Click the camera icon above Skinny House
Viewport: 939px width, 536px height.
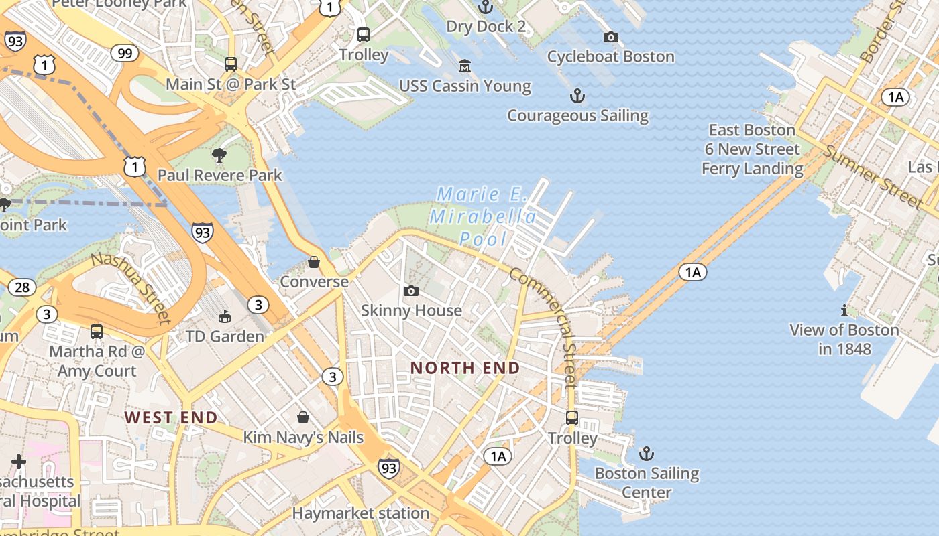(x=411, y=291)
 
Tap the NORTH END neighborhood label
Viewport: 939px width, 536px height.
(x=465, y=368)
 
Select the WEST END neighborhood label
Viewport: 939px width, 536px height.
(x=171, y=418)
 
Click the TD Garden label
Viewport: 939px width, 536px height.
(x=225, y=336)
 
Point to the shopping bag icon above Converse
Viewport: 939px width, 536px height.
(x=314, y=261)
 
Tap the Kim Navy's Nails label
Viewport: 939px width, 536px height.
(x=303, y=438)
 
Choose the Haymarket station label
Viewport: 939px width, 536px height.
(x=361, y=513)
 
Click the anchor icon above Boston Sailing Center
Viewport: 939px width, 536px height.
(x=646, y=454)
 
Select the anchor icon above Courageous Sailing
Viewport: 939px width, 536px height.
(x=577, y=96)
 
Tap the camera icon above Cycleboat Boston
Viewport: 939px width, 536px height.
(x=610, y=37)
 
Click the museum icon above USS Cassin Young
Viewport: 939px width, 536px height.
(x=464, y=66)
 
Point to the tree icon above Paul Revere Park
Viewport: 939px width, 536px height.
(x=219, y=155)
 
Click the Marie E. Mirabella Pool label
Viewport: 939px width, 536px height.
(x=483, y=216)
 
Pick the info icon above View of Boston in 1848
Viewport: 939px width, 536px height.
(x=844, y=310)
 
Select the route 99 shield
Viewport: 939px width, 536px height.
(x=124, y=53)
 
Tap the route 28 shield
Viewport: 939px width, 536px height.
(x=22, y=287)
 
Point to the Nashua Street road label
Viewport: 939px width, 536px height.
(x=131, y=287)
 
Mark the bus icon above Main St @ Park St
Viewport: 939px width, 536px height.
(x=231, y=64)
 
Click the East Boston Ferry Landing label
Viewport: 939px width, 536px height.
(x=752, y=149)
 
